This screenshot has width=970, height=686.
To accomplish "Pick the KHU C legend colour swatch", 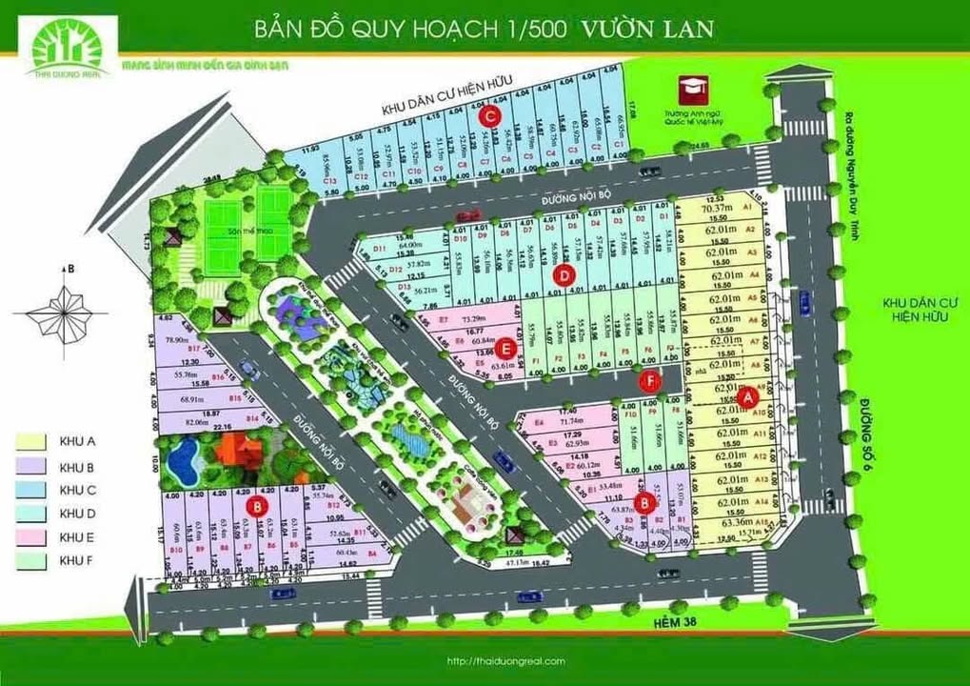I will (35, 490).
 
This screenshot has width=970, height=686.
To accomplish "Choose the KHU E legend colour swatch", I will (35, 537).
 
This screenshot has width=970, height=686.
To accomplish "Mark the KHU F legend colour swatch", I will (35, 561).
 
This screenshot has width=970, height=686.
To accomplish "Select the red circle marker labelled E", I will (507, 351).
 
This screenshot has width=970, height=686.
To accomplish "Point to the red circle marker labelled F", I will (650, 382).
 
